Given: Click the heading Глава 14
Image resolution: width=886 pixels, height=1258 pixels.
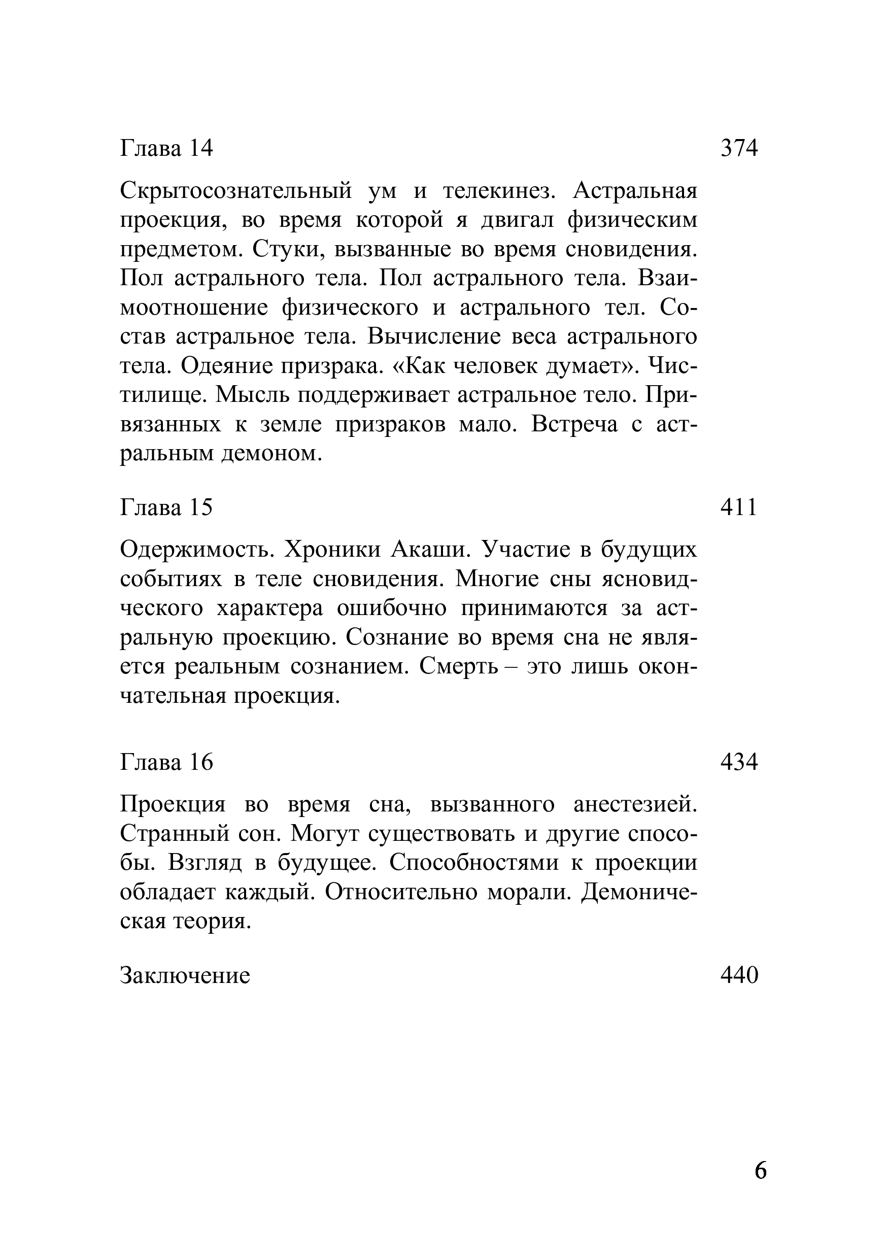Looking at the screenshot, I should point(166,148).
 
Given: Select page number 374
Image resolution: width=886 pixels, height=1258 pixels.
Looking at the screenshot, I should point(739,148).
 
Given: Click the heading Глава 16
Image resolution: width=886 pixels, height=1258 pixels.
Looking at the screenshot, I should point(166,762).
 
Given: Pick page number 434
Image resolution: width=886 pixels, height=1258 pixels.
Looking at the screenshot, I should point(739,762).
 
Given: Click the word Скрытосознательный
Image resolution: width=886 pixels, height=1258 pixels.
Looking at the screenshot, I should point(235,191).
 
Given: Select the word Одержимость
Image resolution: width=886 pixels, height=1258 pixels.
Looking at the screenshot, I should point(197,549).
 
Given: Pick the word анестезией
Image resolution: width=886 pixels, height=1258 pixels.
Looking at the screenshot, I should point(635,804).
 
